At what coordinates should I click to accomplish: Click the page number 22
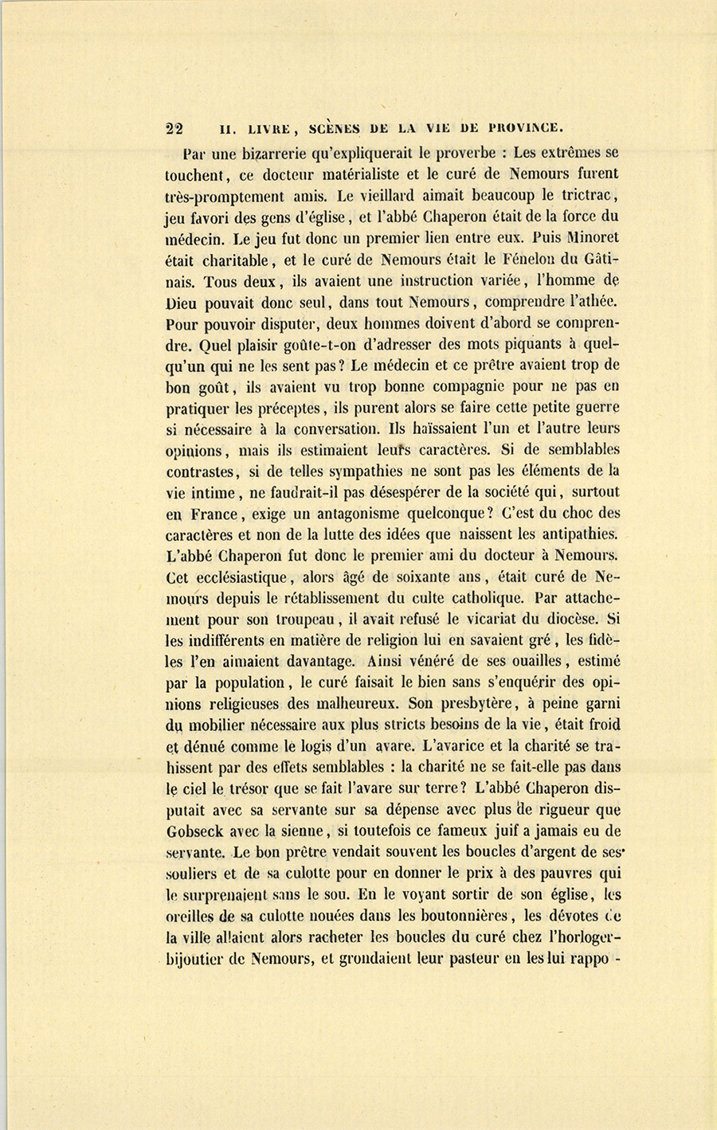[174, 131]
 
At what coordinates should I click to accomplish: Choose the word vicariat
[460, 619]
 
